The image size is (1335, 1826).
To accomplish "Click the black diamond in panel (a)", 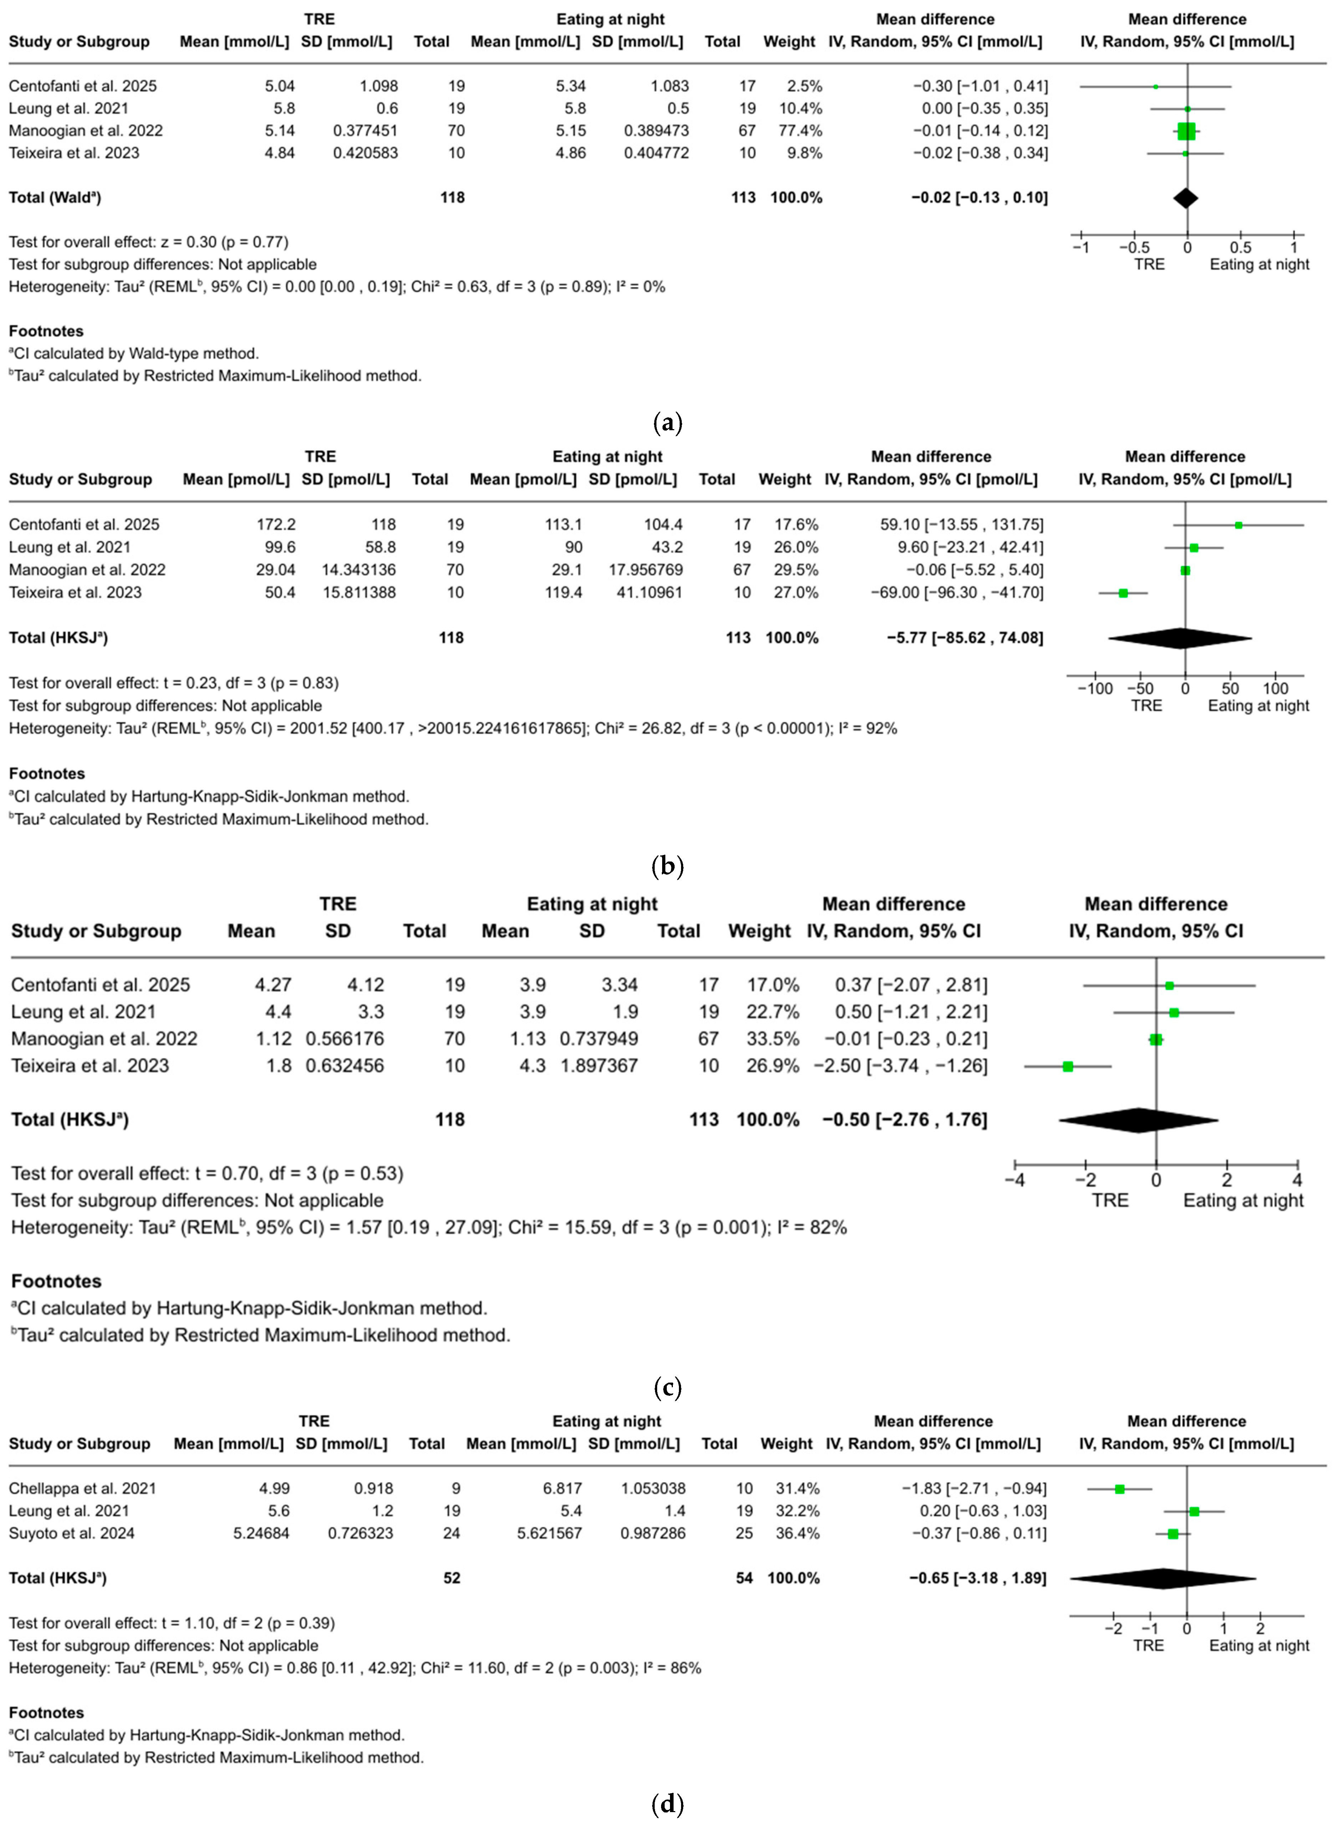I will [1186, 198].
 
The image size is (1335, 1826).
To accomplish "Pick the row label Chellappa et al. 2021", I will [82, 1488].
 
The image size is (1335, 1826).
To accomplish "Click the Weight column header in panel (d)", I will [786, 1444].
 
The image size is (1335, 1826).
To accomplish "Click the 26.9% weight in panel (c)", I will [773, 1066].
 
